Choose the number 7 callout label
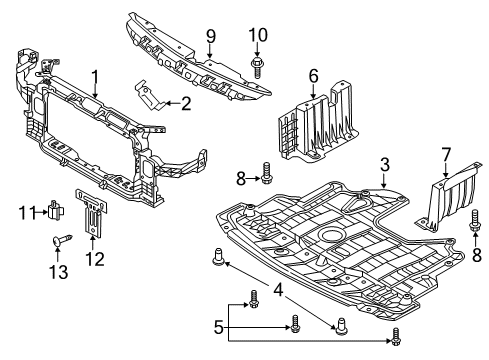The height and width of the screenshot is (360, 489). coord(446,153)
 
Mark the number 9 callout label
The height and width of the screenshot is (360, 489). coord(210,37)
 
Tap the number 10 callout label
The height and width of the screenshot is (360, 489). coord(259,37)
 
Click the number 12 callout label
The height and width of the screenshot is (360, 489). coord(95,260)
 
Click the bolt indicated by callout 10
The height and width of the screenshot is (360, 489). coord(259,68)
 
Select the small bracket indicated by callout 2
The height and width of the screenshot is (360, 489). coord(149,98)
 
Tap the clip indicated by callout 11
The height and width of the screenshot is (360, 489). coord(56,210)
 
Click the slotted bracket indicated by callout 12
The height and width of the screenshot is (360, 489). coord(93,215)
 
